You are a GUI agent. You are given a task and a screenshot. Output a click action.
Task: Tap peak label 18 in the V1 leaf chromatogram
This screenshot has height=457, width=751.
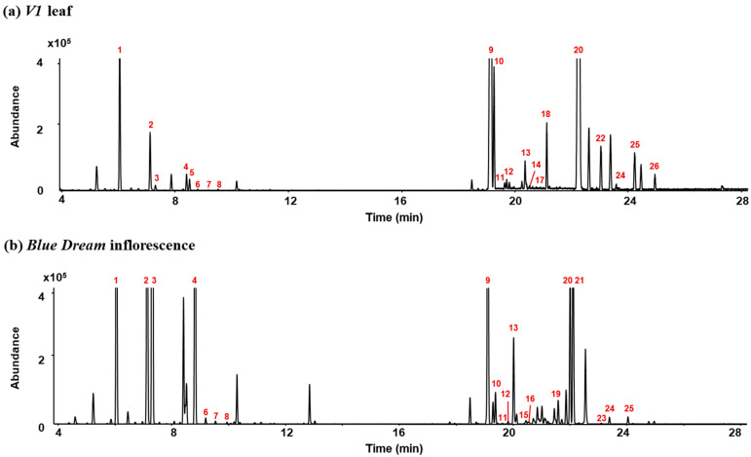coord(545,114)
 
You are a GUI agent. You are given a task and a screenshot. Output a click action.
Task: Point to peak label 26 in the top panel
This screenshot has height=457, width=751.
coord(654,167)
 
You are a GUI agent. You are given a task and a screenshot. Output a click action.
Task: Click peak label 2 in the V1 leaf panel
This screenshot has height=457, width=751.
coord(151,125)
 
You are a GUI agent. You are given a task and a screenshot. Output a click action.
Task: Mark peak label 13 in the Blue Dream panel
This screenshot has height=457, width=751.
coord(513,328)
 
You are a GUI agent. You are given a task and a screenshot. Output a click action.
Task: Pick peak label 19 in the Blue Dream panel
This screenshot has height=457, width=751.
coord(556,394)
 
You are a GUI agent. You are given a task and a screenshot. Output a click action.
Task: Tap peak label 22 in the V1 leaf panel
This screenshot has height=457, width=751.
coord(600,138)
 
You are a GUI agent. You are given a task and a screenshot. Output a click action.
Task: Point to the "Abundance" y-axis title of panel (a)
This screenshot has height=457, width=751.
coord(17,124)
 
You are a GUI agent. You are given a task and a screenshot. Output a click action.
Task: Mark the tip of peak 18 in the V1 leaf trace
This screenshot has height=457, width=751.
coord(546,123)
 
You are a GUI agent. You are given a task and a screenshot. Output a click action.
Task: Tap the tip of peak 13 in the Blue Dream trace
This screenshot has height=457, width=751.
coord(513,338)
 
